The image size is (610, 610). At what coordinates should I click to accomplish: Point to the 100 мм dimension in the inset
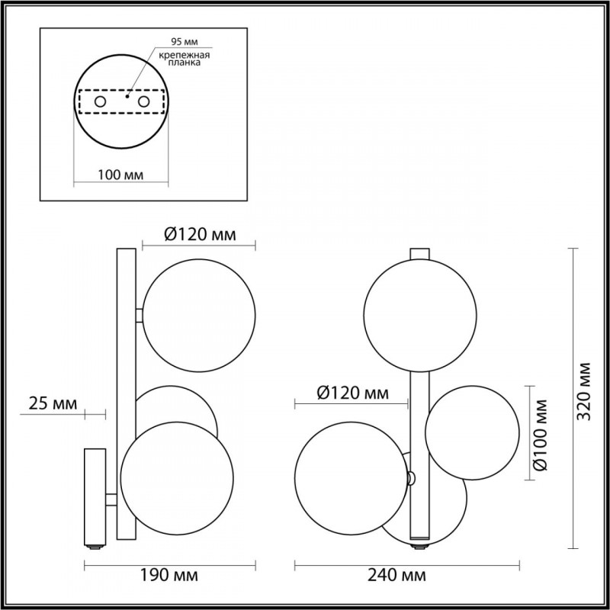[121, 175]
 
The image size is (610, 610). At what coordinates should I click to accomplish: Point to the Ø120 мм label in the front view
[352, 393]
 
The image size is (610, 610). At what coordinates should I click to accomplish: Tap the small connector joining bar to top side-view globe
[139, 313]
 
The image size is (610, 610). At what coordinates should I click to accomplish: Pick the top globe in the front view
[420, 314]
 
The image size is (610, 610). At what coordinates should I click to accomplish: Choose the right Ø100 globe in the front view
[471, 433]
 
